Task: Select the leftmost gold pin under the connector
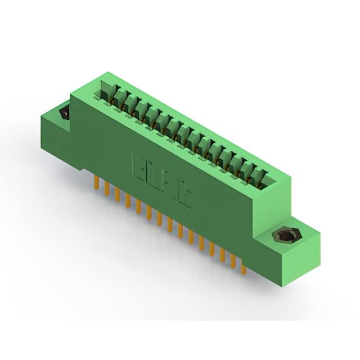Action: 96,183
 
